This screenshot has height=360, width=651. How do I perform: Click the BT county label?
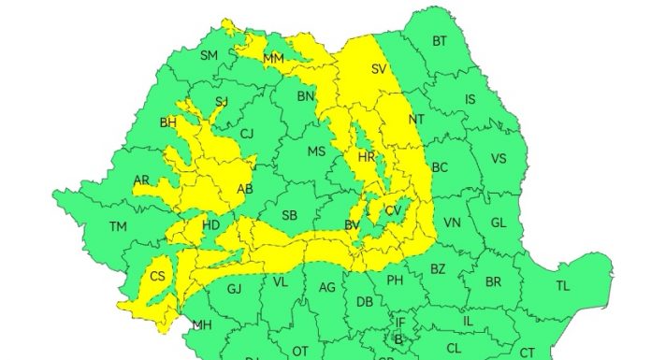439,41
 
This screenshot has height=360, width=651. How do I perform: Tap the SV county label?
379,68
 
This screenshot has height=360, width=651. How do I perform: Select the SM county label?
210,55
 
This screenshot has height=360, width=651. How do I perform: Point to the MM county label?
274,59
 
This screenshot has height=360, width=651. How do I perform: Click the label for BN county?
306,95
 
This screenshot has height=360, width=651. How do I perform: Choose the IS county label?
470,99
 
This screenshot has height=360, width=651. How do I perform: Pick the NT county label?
416,119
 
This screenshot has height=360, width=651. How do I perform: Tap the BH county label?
168,122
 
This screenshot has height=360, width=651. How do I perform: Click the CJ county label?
247,134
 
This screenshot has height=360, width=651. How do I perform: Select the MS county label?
316,151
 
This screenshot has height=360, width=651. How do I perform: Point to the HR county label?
366,156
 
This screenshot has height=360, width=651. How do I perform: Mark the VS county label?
499,158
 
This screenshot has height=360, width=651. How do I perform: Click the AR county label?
141,180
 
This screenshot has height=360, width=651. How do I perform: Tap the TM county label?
118,226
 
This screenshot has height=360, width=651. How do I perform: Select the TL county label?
562,285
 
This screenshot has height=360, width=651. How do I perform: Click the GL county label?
498,223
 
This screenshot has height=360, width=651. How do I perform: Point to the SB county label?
289,216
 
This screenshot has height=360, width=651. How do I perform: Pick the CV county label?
393,211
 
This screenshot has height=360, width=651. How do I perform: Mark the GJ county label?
235,288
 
